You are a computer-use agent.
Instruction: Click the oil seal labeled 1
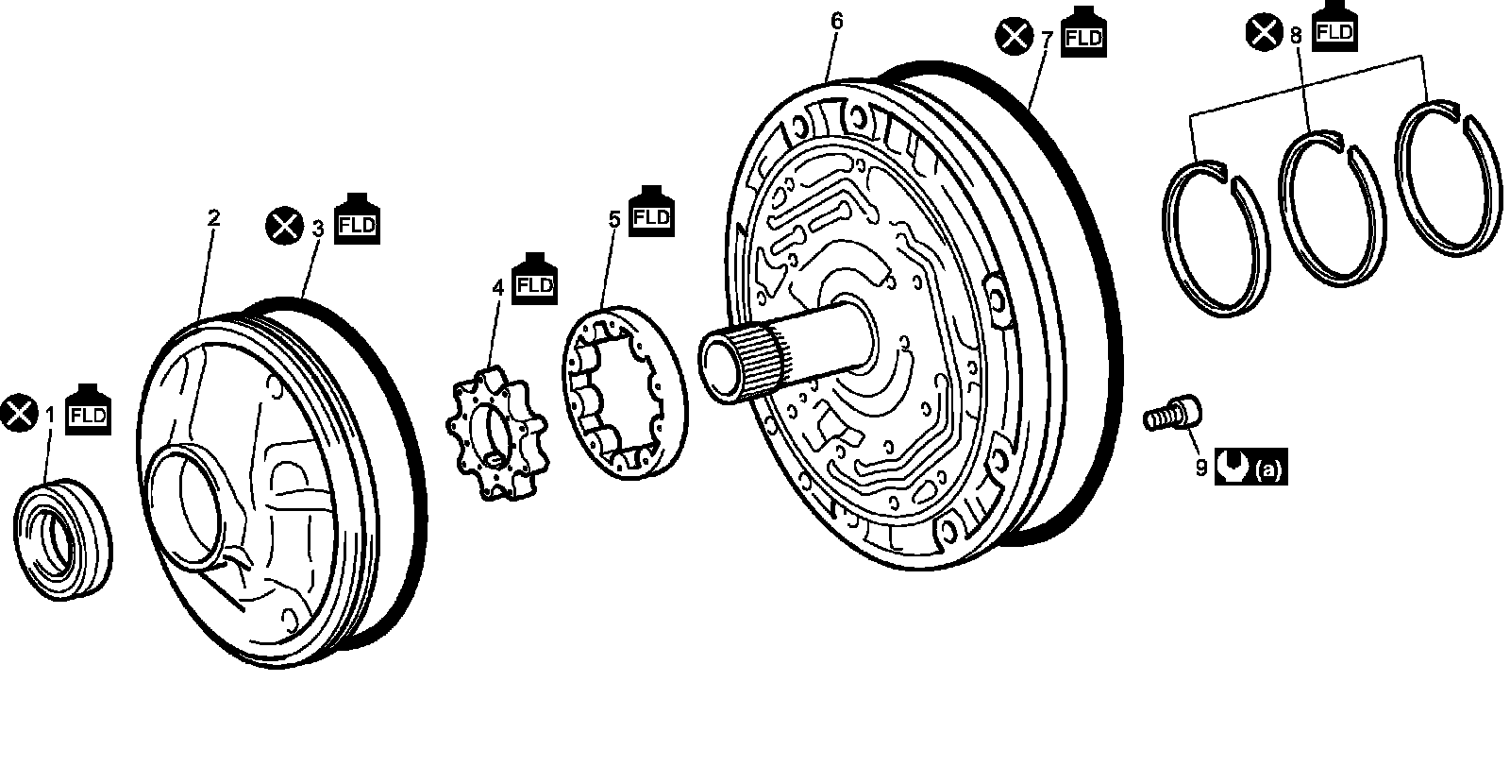[62, 539]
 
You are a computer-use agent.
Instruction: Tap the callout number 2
[213, 218]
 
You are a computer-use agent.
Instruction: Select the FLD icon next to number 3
[358, 219]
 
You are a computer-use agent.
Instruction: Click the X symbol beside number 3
[284, 226]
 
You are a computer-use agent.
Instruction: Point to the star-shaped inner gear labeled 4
[496, 434]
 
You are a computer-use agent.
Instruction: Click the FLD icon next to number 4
[534, 280]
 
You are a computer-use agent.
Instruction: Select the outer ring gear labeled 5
[625, 393]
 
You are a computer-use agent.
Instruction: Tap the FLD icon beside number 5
[651, 212]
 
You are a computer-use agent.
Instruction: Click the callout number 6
[836, 21]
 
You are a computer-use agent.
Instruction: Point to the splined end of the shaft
[743, 365]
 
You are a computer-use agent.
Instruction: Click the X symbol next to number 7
[1014, 37]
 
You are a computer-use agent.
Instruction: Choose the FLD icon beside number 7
[1084, 32]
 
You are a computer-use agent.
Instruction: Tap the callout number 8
[1296, 36]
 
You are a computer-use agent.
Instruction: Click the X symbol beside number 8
[1264, 32]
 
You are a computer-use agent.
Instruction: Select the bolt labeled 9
[1173, 413]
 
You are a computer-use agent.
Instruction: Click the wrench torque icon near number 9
[1233, 466]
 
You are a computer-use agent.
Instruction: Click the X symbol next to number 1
[20, 412]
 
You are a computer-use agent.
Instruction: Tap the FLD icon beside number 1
[89, 409]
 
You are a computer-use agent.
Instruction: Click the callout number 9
[1201, 468]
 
